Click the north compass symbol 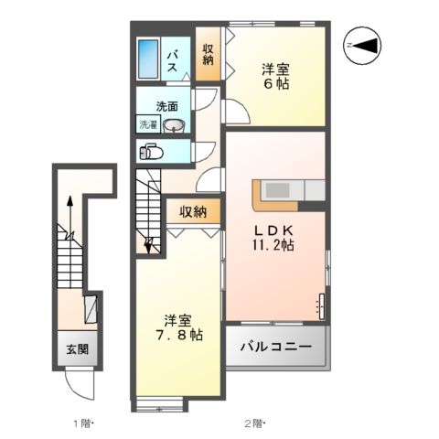(x=366, y=45)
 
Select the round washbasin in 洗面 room (x=176, y=125)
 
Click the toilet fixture (x=151, y=153)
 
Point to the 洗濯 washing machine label (x=148, y=123)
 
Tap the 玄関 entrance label (x=77, y=349)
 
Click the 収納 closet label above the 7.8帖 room (x=192, y=212)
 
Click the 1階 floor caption (x=83, y=423)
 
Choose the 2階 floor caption (x=253, y=423)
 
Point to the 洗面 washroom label (x=166, y=105)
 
